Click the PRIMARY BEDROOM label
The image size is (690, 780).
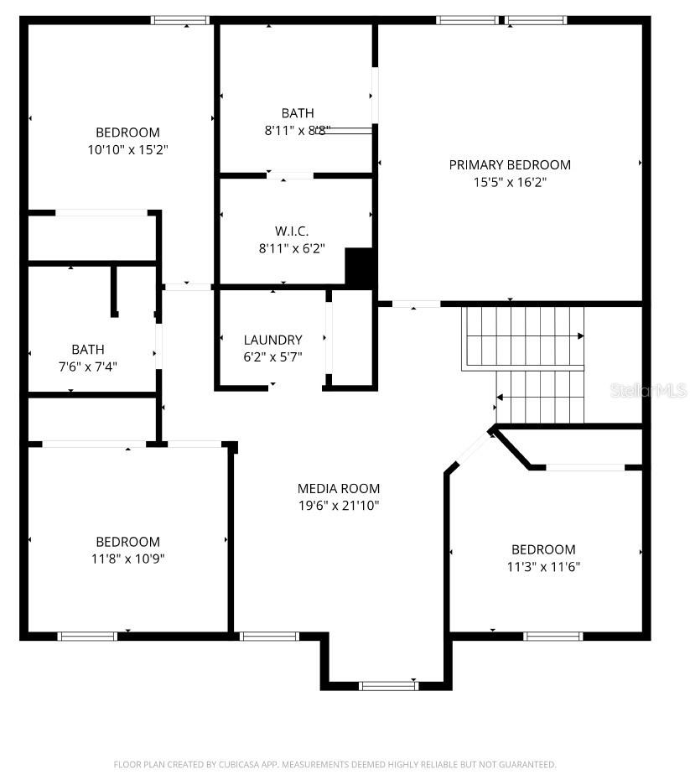pyautogui.click(x=510, y=164)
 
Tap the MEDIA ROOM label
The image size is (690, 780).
pyautogui.click(x=339, y=488)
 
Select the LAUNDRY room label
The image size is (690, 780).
pyautogui.click(x=273, y=340)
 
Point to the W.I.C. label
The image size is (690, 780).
pyautogui.click(x=292, y=231)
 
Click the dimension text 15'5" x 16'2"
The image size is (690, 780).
pyautogui.click(x=510, y=182)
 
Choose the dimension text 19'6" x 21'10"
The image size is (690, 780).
pyautogui.click(x=339, y=506)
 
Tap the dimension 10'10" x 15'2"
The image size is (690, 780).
pyautogui.click(x=127, y=150)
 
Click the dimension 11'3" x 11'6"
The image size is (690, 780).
pyautogui.click(x=543, y=567)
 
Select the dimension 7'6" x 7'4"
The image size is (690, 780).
pyautogui.click(x=88, y=367)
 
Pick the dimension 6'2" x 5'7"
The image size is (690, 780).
pyautogui.click(x=273, y=356)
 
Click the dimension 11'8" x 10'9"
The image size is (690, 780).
pyautogui.click(x=127, y=559)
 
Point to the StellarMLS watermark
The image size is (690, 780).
pyautogui.click(x=648, y=390)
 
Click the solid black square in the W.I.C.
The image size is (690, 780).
pyautogui.click(x=359, y=267)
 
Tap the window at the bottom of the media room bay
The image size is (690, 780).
pyautogui.click(x=389, y=686)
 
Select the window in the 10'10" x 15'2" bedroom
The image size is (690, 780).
pyautogui.click(x=180, y=20)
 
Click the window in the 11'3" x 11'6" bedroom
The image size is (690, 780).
pyautogui.click(x=553, y=637)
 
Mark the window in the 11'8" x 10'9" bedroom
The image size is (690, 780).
pyautogui.click(x=87, y=637)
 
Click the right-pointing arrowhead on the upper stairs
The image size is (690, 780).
pyautogui.click(x=580, y=336)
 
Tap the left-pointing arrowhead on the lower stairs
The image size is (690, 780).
pyautogui.click(x=500, y=398)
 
